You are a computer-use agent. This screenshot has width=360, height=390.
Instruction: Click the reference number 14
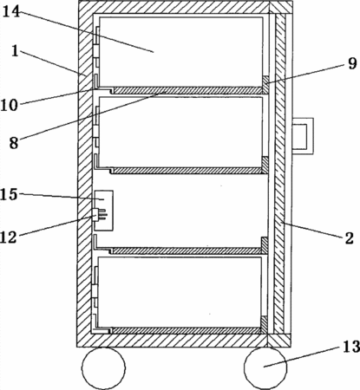click(11, 11)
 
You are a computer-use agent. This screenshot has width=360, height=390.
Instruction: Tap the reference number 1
click(16, 51)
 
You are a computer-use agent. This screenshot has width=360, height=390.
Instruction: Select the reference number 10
click(9, 105)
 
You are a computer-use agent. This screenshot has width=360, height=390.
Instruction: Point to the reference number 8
click(14, 142)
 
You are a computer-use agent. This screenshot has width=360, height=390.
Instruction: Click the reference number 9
click(352, 63)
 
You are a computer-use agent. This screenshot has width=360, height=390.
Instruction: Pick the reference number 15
click(9, 194)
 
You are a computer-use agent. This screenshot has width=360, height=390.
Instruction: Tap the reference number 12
click(9, 237)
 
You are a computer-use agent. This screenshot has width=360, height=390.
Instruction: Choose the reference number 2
click(349, 238)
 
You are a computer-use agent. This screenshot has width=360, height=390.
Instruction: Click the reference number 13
click(351, 347)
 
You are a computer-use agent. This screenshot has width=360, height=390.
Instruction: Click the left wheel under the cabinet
click(103, 367)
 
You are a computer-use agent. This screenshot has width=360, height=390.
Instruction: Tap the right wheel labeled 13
click(265, 367)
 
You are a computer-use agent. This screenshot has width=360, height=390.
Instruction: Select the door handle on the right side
click(303, 136)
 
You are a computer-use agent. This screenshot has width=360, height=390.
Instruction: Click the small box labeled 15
click(103, 211)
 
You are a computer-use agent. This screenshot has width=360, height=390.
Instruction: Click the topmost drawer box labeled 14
click(180, 52)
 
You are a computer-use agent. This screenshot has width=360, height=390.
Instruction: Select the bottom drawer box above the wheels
click(180, 292)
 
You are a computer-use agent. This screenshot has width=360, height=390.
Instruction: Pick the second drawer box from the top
click(180, 132)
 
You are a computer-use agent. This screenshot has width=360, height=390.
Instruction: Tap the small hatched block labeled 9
click(265, 85)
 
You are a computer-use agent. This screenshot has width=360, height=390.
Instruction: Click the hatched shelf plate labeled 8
click(188, 90)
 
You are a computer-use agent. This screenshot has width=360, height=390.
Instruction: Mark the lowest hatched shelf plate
click(188, 331)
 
